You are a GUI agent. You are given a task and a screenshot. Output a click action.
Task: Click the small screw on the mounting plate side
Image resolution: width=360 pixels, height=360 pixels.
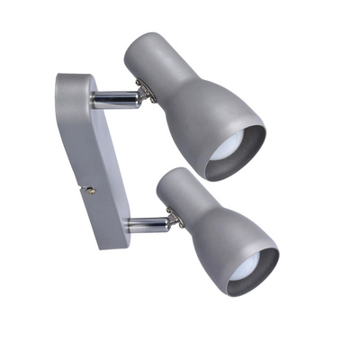coord(90,190)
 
